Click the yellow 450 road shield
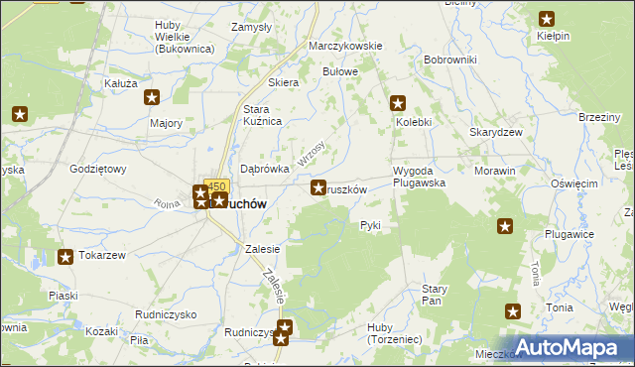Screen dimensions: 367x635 [x=216, y=185]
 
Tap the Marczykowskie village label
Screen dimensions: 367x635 [x=345, y=47]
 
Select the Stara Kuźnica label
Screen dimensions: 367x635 [x=264, y=114]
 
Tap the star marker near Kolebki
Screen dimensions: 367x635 [x=398, y=102]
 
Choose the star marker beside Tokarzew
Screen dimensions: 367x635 [x=65, y=258]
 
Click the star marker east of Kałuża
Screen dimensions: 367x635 [x=152, y=97]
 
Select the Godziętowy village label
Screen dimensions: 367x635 [x=98, y=169]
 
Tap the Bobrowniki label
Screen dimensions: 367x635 [x=449, y=60]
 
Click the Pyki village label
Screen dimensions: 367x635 [x=370, y=225]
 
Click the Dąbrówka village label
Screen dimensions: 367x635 [x=265, y=169]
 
